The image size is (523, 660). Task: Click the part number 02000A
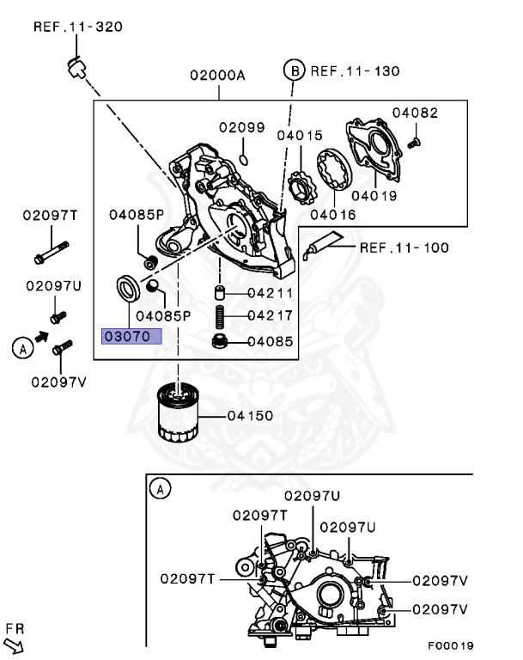(218, 76)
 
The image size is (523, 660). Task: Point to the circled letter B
(295, 70)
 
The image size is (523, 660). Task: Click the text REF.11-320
(77, 27)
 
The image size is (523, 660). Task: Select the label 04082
(415, 113)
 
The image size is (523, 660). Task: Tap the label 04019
(372, 195)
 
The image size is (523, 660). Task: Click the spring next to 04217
(220, 317)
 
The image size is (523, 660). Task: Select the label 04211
(270, 293)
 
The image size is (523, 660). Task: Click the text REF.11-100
(404, 248)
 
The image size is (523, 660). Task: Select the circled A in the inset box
(158, 489)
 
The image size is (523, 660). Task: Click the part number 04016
(334, 215)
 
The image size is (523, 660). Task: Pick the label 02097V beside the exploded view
(58, 382)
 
